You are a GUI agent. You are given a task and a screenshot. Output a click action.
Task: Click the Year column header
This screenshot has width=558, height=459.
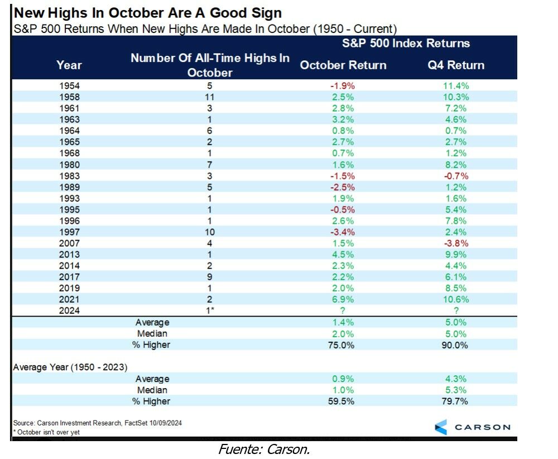click(x=69, y=65)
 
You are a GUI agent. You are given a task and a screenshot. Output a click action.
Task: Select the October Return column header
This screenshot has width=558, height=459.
click(x=343, y=65)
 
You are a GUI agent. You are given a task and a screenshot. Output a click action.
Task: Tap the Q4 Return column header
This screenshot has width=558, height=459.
click(x=455, y=65)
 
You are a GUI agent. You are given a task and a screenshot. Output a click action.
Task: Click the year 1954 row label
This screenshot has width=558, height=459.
click(x=69, y=85)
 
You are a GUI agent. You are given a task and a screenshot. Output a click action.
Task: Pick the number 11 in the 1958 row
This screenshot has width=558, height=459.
click(x=210, y=97)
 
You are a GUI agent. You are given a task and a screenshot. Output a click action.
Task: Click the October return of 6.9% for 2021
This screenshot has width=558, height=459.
click(x=343, y=299)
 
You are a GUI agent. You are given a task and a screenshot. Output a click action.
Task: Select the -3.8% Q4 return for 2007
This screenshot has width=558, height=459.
click(x=455, y=243)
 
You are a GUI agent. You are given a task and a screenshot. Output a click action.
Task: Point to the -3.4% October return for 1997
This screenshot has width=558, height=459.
click(x=343, y=232)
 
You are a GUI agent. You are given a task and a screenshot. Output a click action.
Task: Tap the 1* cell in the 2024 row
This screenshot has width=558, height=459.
click(x=210, y=310)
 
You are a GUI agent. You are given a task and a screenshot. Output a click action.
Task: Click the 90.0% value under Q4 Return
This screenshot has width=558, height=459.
click(x=455, y=345)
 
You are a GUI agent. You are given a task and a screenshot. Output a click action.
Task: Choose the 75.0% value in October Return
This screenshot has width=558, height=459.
click(x=343, y=345)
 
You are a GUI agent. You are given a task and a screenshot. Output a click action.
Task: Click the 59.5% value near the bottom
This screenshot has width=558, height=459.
click(x=343, y=401)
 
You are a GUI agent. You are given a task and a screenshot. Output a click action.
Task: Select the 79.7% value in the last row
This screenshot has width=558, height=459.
click(x=455, y=401)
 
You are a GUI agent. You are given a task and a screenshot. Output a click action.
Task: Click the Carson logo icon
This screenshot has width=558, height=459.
click(x=441, y=427)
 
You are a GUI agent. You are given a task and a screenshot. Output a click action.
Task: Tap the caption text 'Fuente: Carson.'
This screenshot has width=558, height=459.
click(x=264, y=450)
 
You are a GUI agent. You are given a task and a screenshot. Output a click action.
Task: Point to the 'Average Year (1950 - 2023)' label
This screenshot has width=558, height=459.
click(x=70, y=367)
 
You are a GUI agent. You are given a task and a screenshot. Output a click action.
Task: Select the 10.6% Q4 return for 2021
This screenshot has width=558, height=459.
click(x=455, y=299)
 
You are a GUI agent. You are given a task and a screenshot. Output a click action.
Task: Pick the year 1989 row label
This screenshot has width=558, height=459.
click(x=69, y=187)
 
